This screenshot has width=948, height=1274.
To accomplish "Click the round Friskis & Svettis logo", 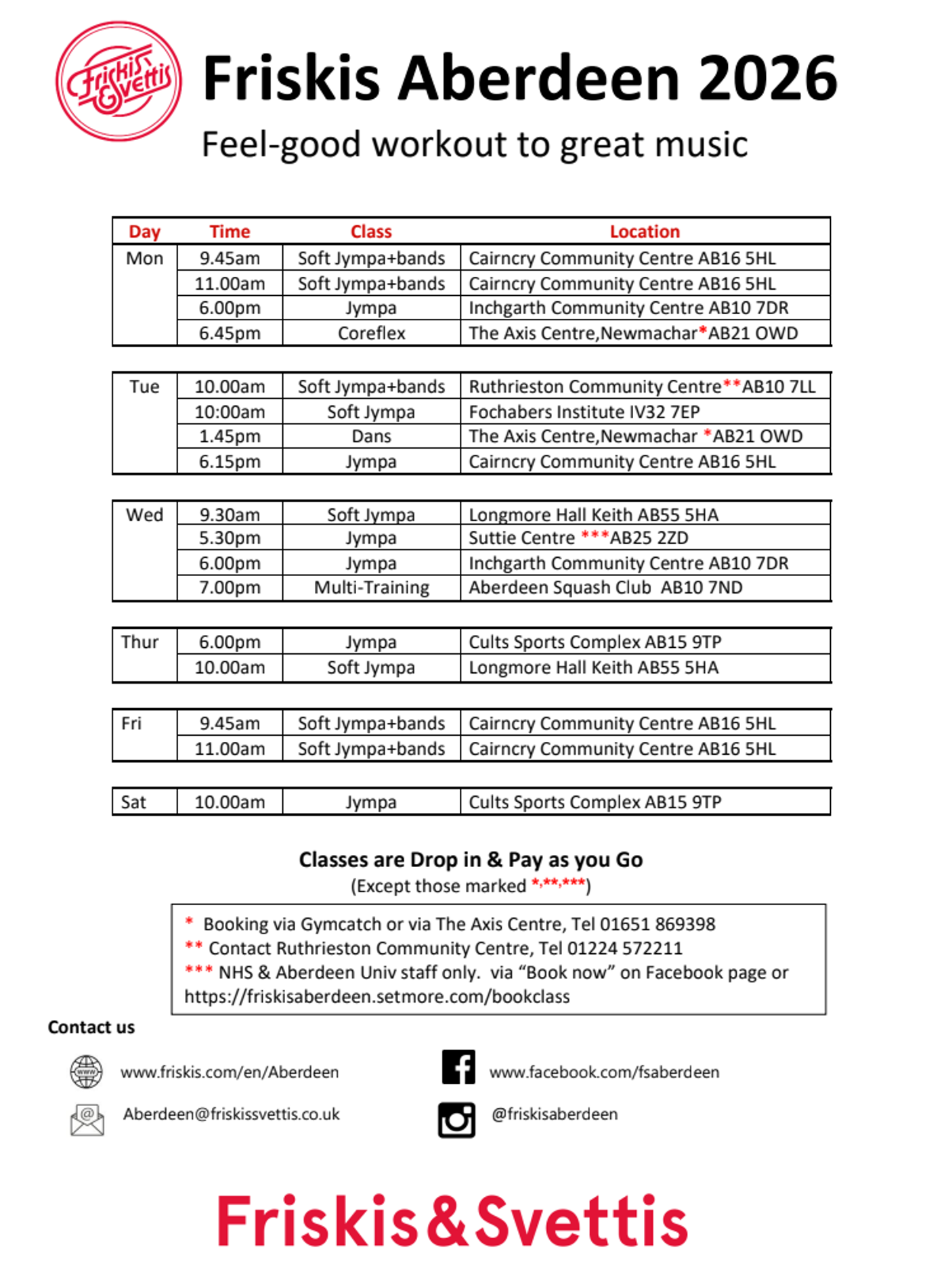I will pyautogui.click(x=118, y=81).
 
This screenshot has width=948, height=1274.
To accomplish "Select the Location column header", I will pyautogui.click(x=644, y=232).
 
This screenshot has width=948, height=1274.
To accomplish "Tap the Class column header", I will pyautogui.click(x=371, y=232).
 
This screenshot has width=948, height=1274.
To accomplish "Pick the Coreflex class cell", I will pyautogui.click(x=371, y=333).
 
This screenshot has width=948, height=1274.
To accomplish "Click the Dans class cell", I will pyautogui.click(x=371, y=437).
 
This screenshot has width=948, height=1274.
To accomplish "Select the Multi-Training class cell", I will pyautogui.click(x=371, y=588).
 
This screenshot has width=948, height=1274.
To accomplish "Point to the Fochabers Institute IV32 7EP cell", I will pyautogui.click(x=584, y=412).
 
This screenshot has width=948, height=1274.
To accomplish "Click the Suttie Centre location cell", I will pyautogui.click(x=578, y=538).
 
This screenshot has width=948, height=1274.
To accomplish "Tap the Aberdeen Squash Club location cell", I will pyautogui.click(x=605, y=588).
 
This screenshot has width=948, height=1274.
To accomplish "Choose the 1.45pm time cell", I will pyautogui.click(x=230, y=437).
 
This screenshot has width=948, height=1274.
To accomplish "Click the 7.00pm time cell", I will pyautogui.click(x=230, y=588).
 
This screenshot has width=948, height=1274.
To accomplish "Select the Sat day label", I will pyautogui.click(x=133, y=802).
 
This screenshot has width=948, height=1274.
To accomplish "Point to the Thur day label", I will pyautogui.click(x=139, y=642).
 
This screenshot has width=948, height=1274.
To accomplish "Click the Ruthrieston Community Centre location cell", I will pyautogui.click(x=642, y=387).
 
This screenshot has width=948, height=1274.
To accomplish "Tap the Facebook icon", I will pyautogui.click(x=458, y=1068).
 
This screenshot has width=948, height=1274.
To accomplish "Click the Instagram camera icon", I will pyautogui.click(x=456, y=1120).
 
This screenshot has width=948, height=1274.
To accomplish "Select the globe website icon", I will pyautogui.click(x=87, y=1072).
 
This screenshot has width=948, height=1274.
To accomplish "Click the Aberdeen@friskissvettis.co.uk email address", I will pyautogui.click(x=232, y=1114).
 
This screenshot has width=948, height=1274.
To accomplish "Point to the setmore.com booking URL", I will pyautogui.click(x=377, y=996).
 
